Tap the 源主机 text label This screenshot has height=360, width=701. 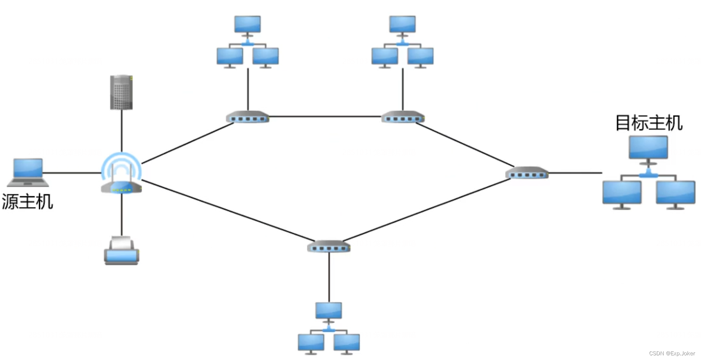(27, 202)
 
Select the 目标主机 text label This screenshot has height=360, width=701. (648, 123)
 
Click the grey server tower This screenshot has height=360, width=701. (121, 92)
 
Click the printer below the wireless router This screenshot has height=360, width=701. (121, 251)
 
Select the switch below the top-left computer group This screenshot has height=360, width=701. (248, 117)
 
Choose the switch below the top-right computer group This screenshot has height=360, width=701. (403, 117)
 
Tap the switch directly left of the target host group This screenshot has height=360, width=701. (527, 173)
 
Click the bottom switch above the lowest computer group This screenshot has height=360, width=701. (329, 247)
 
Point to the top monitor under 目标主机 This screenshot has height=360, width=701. (648, 148)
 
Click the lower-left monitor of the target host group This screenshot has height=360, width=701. (622, 193)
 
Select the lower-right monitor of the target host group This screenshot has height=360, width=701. (675, 193)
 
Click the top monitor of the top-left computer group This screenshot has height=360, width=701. (247, 25)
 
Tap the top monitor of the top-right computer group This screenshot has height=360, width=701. (402, 25)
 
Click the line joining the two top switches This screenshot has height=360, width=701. (325, 116)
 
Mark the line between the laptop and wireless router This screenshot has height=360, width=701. (72, 173)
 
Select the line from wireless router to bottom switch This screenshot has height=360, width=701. (226, 210)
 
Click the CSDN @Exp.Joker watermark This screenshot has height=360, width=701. (672, 353)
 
